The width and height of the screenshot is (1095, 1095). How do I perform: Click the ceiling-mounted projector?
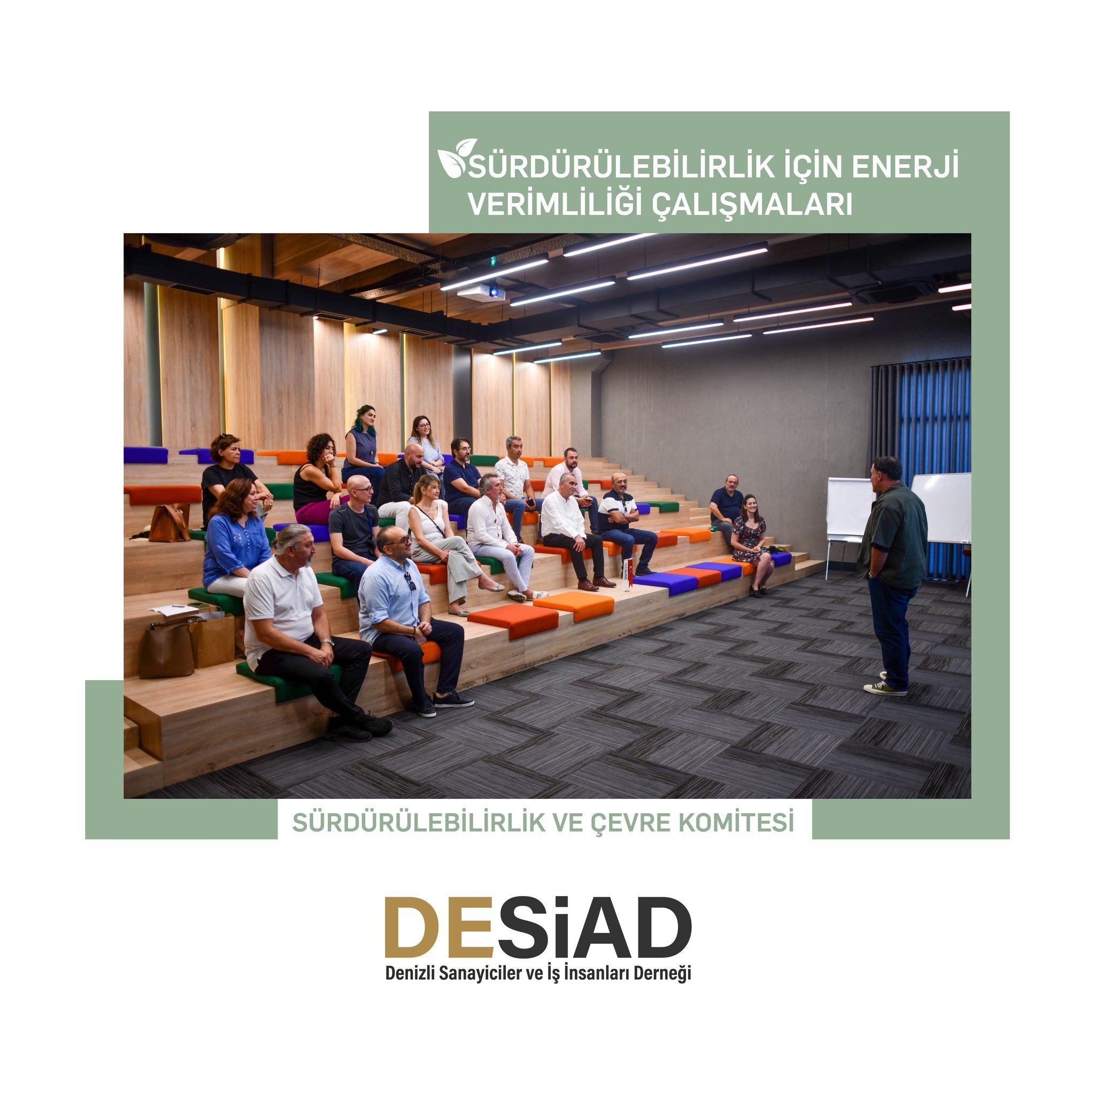coord(481,292)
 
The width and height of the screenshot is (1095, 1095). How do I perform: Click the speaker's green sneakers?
coord(885,686)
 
